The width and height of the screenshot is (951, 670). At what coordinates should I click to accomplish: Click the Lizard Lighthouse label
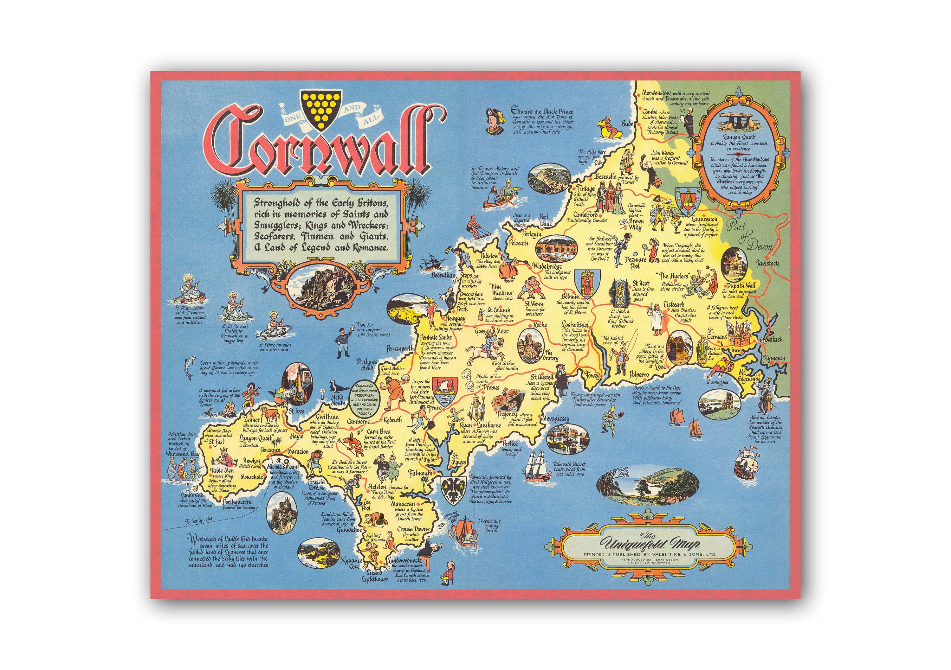tap(374, 577)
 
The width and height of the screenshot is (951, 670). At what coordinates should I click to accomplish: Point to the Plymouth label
tap(774, 358)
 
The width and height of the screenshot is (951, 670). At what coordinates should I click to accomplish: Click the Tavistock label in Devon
tap(767, 263)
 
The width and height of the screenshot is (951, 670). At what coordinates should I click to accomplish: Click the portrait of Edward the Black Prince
tap(494, 121)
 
